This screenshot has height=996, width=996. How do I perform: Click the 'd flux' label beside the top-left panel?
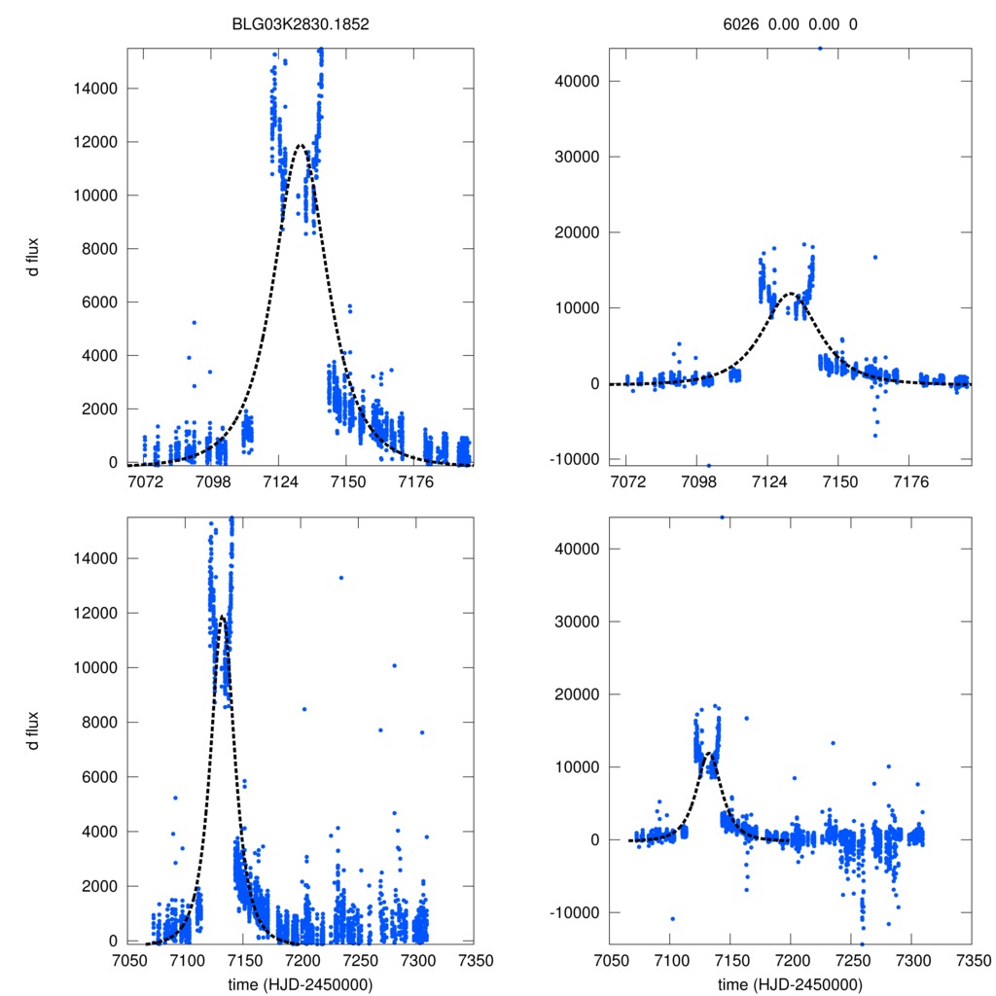[34, 255]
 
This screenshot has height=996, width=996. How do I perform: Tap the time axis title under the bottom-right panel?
[790, 983]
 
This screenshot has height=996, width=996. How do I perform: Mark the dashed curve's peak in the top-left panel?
[300, 146]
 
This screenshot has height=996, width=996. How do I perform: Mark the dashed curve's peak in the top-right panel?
[792, 294]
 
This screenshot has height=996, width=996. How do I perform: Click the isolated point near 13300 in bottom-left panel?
[341, 578]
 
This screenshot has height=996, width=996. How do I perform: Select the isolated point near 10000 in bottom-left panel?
[394, 665]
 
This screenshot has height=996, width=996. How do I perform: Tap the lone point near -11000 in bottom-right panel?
[672, 919]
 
